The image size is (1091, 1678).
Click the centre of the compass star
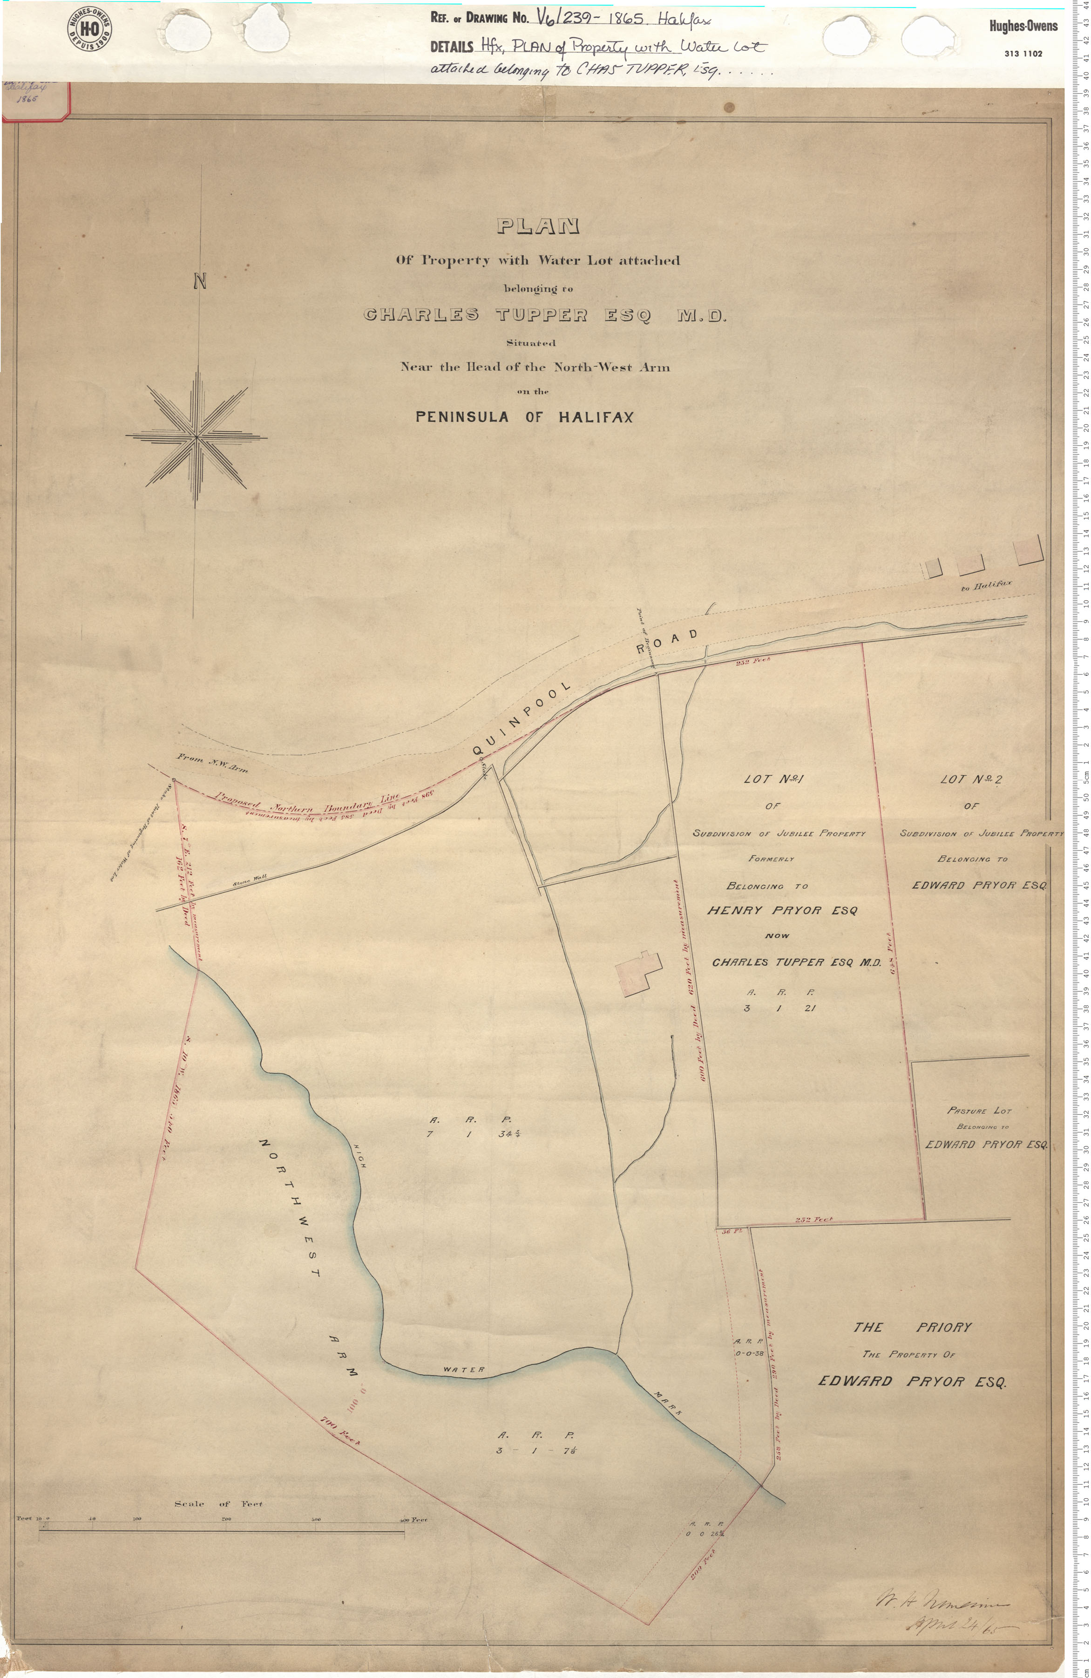(196, 437)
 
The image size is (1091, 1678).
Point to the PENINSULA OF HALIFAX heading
(524, 416)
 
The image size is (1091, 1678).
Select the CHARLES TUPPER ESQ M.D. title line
(543, 315)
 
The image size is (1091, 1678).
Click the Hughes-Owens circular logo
(89, 29)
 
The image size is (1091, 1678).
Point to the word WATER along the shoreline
(464, 1371)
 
